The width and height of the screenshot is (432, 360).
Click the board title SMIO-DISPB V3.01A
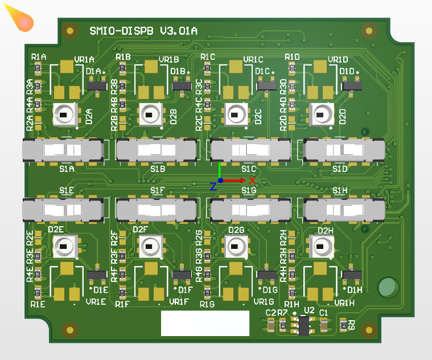143,31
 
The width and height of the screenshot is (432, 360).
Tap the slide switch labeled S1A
63,150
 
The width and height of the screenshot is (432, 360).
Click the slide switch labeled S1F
157,210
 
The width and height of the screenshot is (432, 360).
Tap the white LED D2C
234,114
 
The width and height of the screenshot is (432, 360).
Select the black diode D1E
97,276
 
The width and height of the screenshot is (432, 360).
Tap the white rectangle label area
205,324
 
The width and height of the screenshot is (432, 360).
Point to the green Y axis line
220,170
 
